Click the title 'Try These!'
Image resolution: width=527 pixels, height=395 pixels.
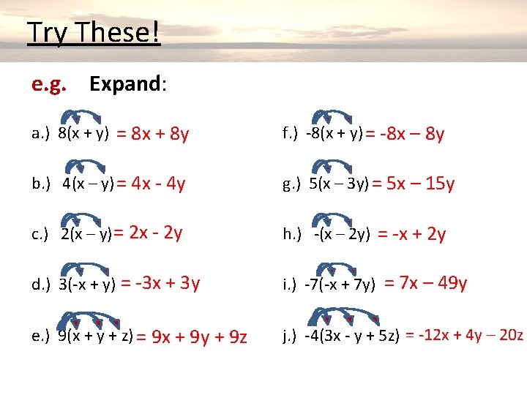click(93, 34)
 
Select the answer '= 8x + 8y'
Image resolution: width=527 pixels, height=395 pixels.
click(153, 134)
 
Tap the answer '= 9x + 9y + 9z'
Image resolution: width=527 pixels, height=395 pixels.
click(192, 337)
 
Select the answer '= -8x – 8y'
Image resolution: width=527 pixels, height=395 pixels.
click(405, 134)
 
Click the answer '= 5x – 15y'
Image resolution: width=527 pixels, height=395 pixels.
click(413, 184)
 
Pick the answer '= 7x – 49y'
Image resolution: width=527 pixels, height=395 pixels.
click(425, 283)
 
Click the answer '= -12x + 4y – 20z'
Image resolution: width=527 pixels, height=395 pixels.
click(464, 335)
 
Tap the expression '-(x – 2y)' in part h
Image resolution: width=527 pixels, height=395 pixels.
click(341, 234)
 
